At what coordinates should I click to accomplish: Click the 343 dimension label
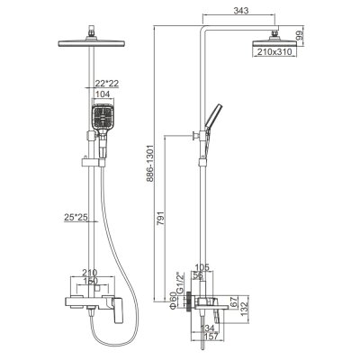pos(241,11)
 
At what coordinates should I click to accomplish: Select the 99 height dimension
pos(300,36)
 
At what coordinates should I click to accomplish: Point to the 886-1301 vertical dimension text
pos(150,163)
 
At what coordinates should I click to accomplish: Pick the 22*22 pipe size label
pos(107,83)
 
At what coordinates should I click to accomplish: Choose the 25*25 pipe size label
pos(76,217)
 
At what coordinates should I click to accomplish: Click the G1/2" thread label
pos(180,283)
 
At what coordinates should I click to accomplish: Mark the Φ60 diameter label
pos(171,301)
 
